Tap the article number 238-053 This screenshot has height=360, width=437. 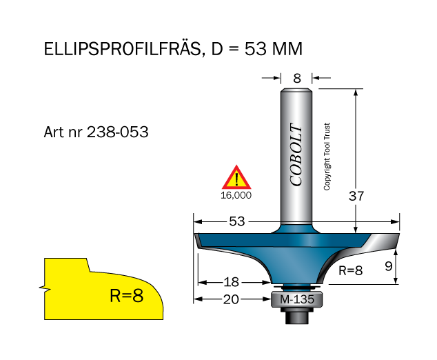118,132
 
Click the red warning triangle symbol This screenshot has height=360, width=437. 236,178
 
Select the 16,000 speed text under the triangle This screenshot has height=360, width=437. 236,195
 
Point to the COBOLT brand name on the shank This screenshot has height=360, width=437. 296,155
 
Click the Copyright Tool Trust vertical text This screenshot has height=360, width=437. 327,157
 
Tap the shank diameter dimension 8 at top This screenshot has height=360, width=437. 297,78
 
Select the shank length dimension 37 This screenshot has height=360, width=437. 356,196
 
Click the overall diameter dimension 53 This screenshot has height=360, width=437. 236,221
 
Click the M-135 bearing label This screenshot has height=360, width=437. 296,299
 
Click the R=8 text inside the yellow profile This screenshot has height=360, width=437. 126,296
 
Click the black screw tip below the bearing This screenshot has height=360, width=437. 297,316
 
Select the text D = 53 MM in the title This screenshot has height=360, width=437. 254,50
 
